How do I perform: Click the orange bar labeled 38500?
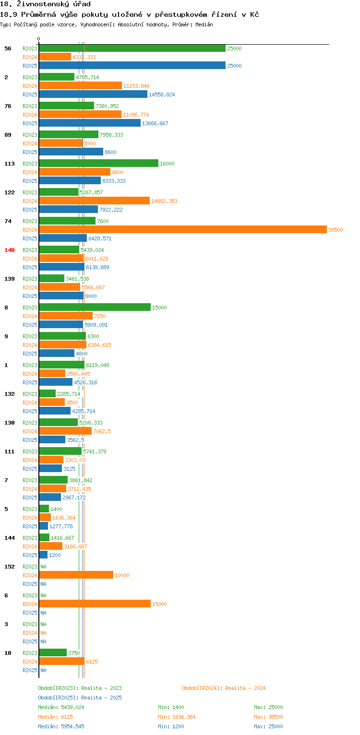point(183,230)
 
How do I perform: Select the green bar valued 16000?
point(98,164)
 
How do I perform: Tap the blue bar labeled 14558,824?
point(93,95)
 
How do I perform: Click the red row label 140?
point(10,250)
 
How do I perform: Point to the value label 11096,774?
point(136,115)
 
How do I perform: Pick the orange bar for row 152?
point(76,575)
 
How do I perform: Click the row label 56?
point(8,48)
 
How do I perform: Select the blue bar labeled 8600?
point(71,152)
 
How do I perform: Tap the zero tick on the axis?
point(39,39)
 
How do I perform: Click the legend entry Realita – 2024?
point(224,688)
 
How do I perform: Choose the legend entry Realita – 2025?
point(80,698)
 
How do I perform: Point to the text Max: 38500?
point(268,717)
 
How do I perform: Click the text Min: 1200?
point(171,726)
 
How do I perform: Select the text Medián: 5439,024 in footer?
point(61,708)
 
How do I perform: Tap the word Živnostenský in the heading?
point(43,4)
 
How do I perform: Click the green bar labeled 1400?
point(44,509)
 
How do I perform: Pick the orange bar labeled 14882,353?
point(94,201)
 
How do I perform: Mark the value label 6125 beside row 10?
point(92,662)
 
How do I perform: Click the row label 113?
point(10,164)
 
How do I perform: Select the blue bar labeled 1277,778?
point(44,526)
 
